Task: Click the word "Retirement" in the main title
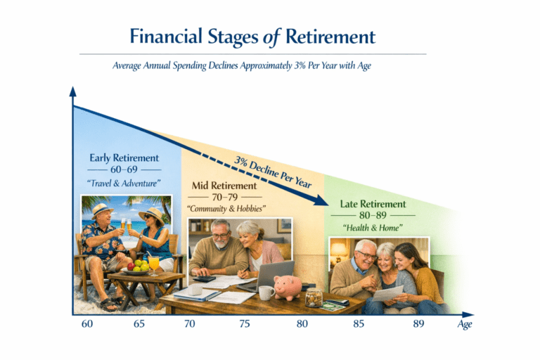click(330, 37)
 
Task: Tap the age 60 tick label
click(87, 324)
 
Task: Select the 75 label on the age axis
click(244, 324)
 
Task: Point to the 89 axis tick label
click(418, 324)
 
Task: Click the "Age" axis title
click(465, 325)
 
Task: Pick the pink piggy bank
click(288, 287)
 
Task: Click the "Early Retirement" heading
click(124, 157)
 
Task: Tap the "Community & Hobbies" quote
click(226, 209)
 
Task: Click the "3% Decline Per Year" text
click(273, 172)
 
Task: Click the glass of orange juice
click(153, 265)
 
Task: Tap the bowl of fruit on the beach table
click(136, 269)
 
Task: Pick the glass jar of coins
click(314, 298)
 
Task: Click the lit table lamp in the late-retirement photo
click(339, 253)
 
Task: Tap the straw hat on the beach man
click(102, 210)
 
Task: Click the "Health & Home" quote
click(373, 228)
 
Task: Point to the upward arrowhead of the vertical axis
click(72, 91)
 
